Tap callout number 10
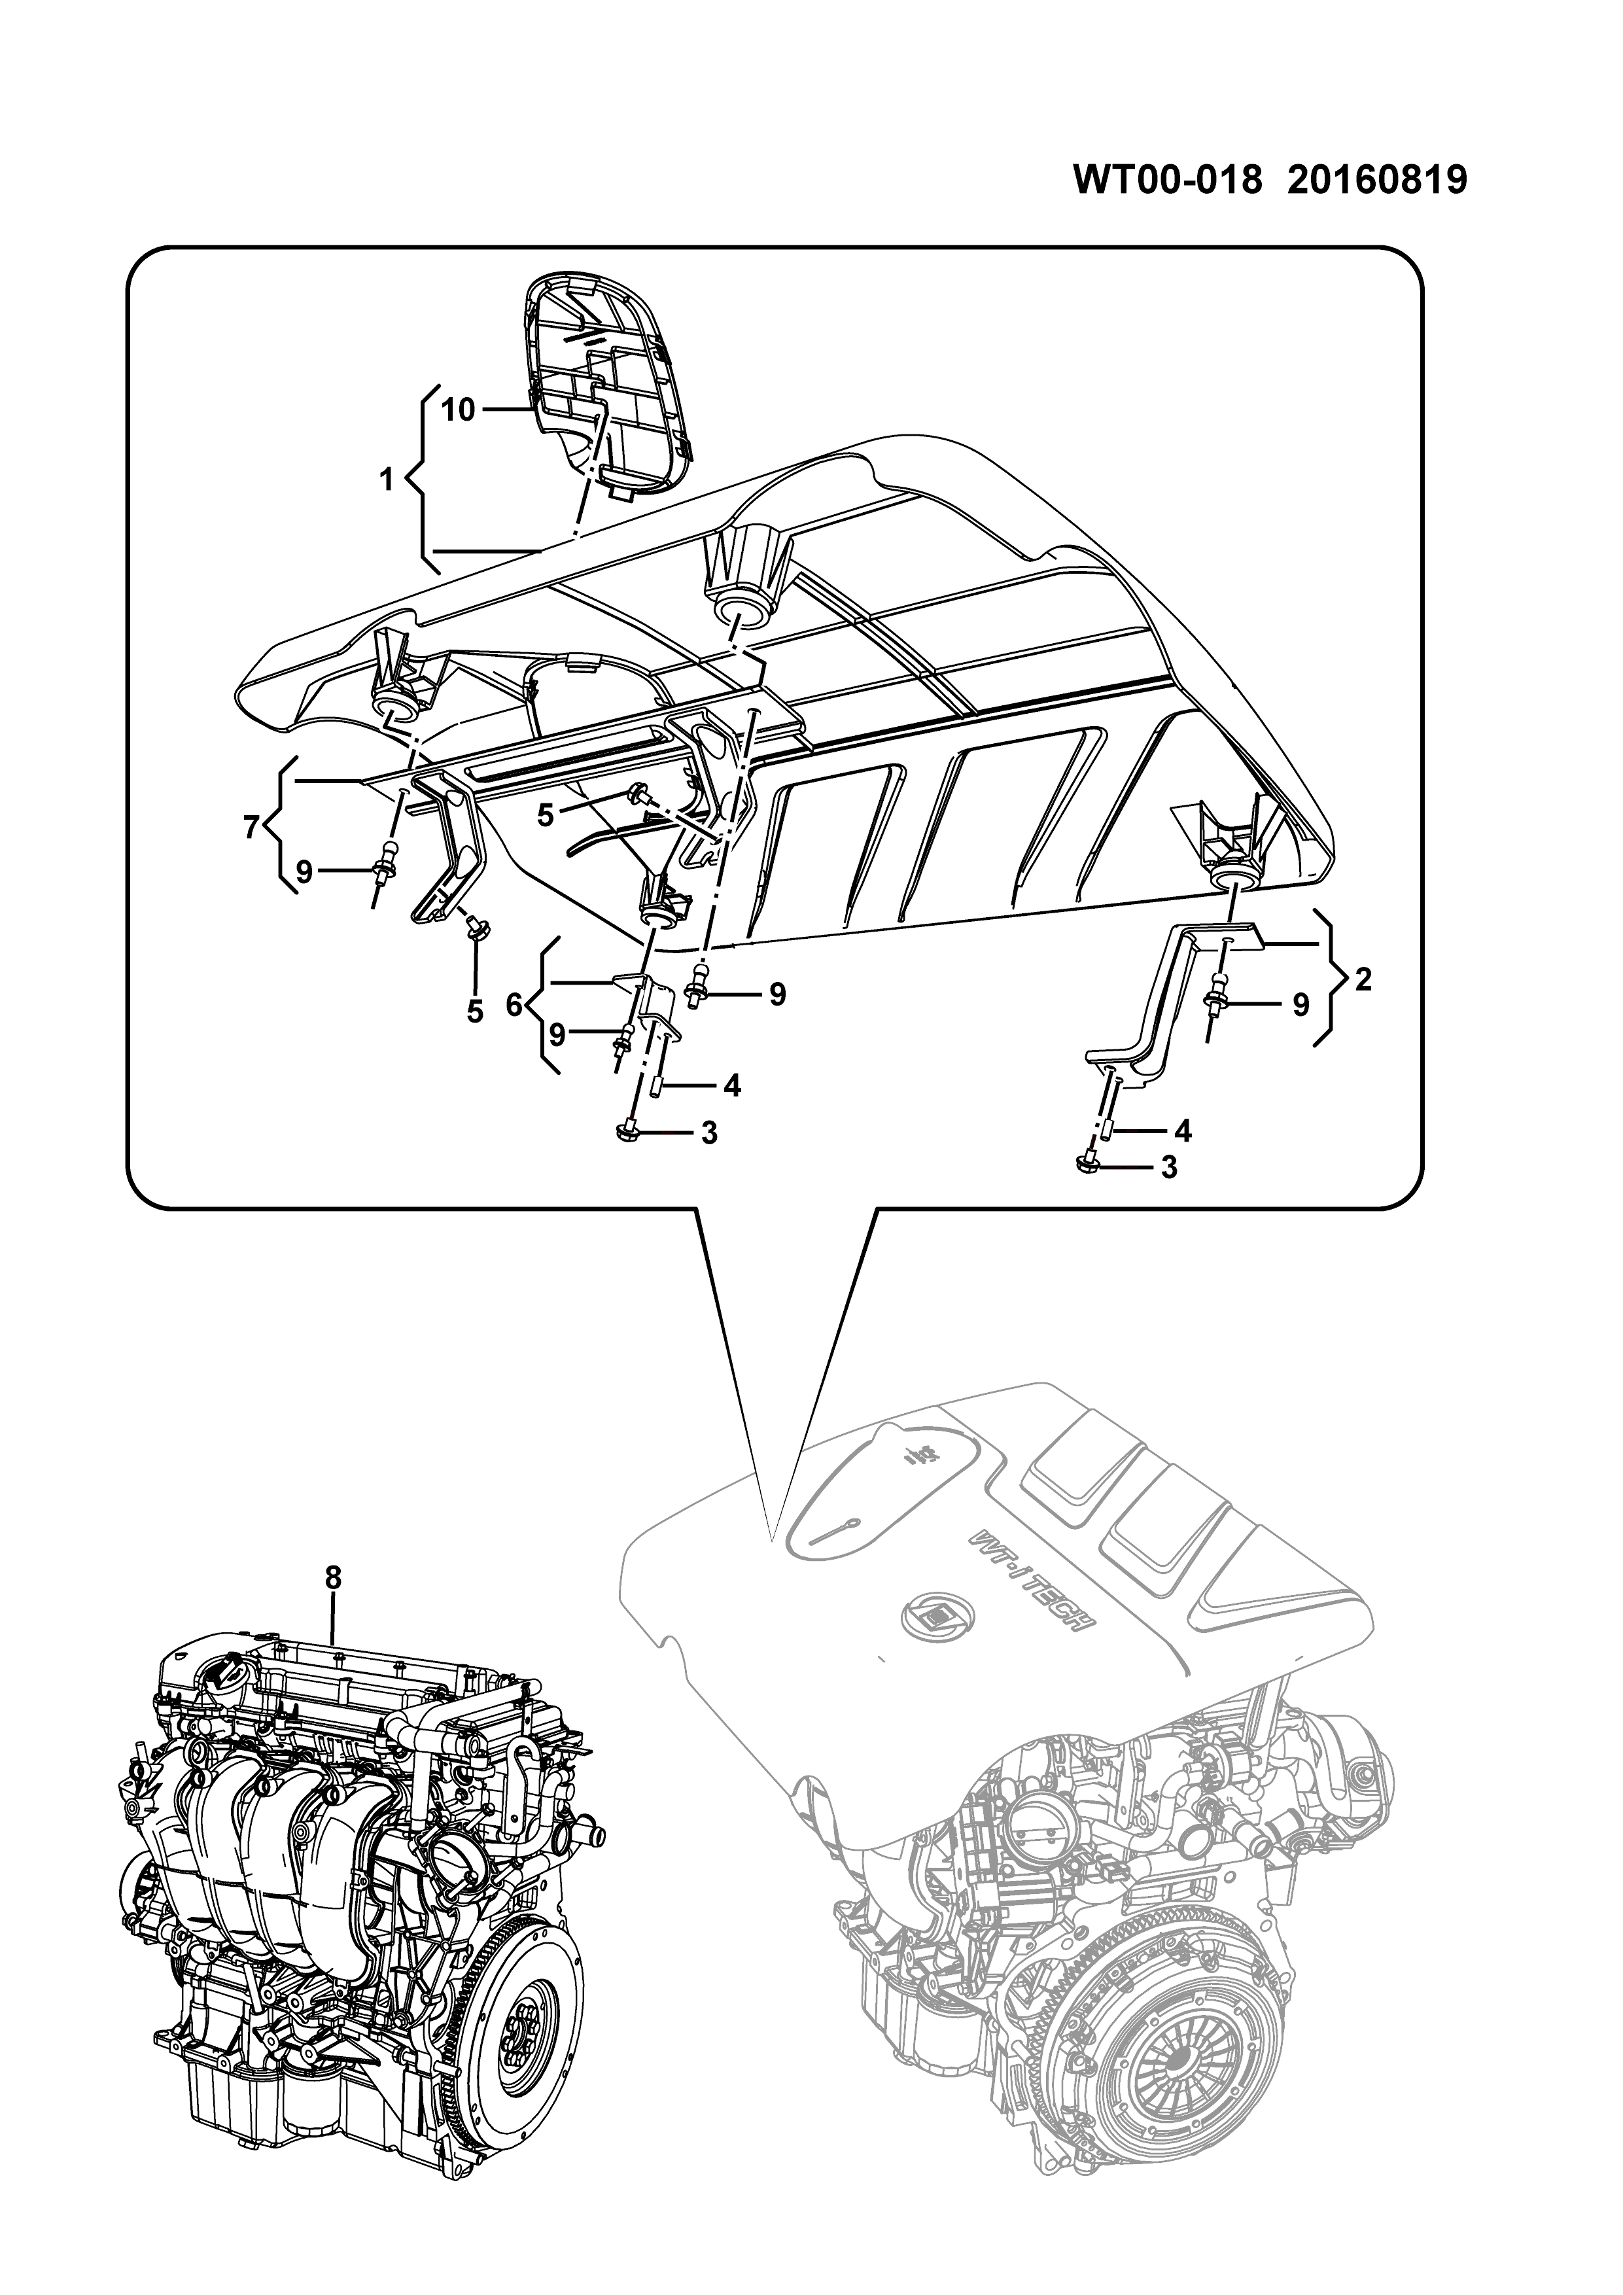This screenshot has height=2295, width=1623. [458, 410]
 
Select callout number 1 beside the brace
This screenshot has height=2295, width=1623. [387, 481]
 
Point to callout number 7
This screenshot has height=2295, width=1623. [253, 827]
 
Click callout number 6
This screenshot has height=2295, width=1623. [514, 1005]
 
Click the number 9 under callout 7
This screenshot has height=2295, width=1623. [304, 873]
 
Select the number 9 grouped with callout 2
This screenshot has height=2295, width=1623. [1300, 1005]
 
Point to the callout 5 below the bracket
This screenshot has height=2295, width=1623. [475, 1011]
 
